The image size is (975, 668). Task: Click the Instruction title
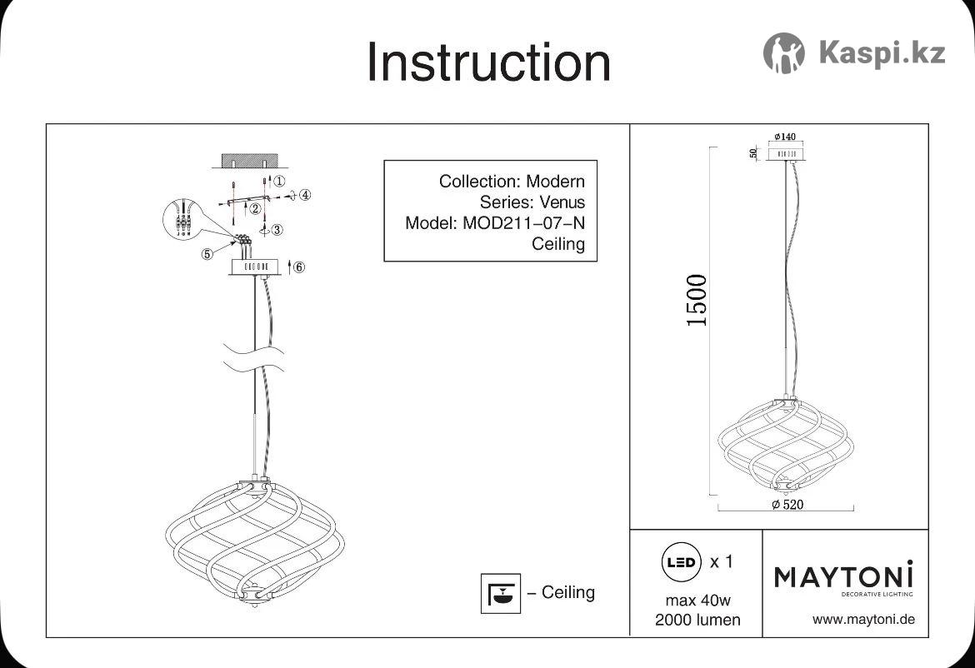488,62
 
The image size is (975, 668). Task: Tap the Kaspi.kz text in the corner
882,52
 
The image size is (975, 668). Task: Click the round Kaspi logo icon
783,52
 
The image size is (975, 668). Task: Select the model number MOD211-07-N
523,222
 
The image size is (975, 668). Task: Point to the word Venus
562,202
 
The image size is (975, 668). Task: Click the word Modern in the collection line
555,182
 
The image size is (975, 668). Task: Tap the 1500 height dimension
697,300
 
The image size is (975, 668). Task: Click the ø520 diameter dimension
787,505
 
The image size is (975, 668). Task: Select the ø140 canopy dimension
785,137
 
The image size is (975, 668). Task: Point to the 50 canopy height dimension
753,153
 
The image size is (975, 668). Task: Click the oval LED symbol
681,562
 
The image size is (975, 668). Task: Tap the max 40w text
697,601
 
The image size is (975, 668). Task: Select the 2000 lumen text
697,620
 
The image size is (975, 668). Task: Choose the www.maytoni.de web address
863,620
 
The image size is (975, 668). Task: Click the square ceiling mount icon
501,593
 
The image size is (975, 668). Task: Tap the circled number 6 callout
299,267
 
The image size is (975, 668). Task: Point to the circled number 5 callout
207,253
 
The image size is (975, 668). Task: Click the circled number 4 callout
305,195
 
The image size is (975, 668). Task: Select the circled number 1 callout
279,181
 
